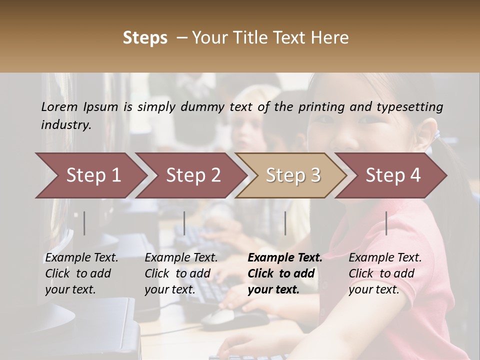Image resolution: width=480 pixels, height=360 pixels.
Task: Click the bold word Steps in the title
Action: (x=145, y=38)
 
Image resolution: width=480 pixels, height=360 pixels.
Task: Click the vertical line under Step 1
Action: (x=84, y=223)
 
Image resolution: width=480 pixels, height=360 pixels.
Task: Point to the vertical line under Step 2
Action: (x=184, y=223)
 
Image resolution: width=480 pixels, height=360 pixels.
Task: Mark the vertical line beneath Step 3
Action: (x=285, y=223)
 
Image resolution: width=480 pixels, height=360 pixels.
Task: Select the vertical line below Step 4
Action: (x=386, y=223)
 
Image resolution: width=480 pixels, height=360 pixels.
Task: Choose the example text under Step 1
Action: (x=81, y=273)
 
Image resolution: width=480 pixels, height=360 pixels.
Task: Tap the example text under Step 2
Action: (x=181, y=273)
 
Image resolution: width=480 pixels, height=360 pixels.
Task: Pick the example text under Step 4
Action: (x=385, y=273)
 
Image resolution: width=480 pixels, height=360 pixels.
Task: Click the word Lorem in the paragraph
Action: (x=59, y=106)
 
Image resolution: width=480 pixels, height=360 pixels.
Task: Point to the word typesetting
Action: (x=409, y=107)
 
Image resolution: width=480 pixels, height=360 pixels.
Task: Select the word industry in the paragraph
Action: (x=65, y=125)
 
